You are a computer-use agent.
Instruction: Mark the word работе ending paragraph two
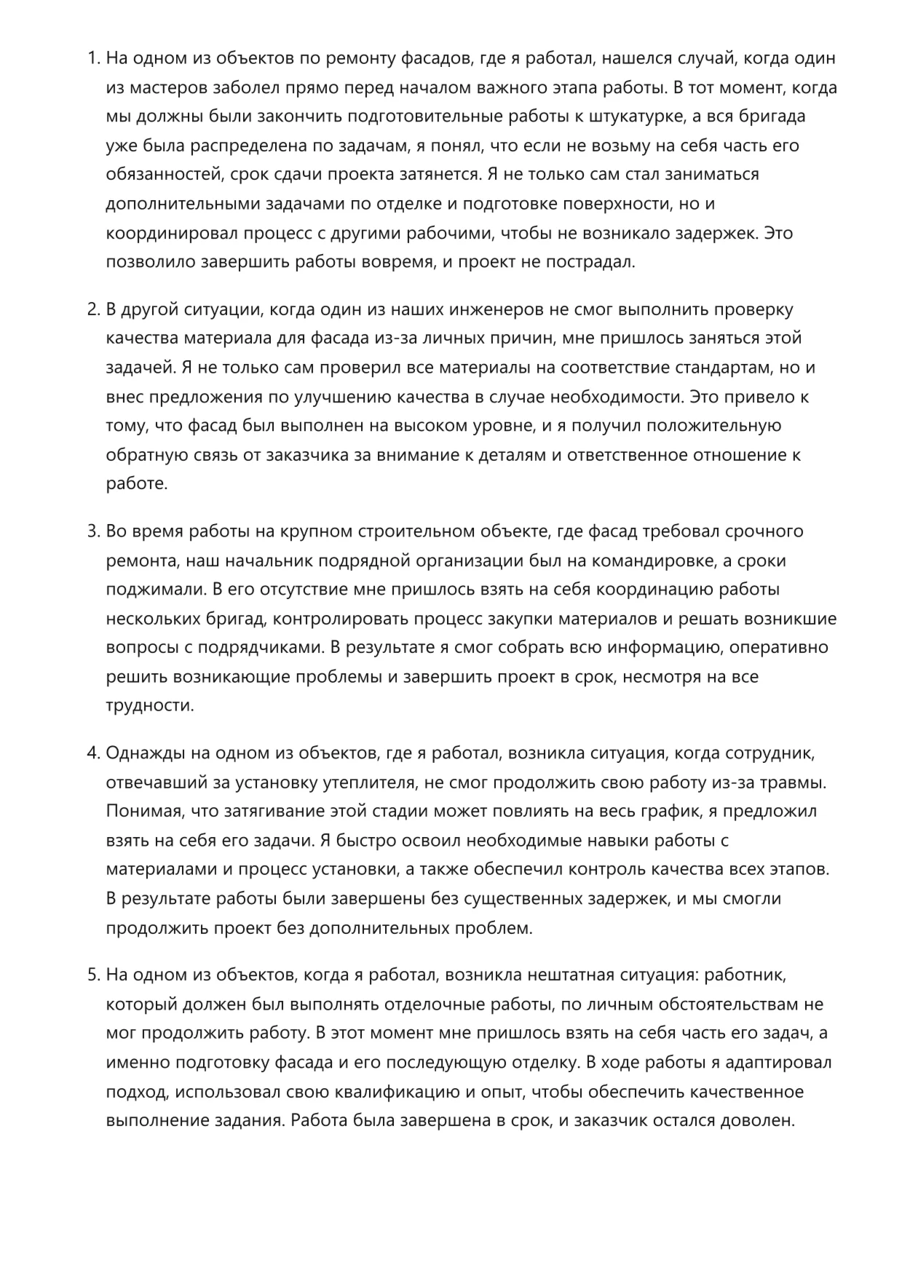point(136,484)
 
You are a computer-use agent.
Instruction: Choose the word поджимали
point(151,590)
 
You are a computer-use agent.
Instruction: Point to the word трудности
point(150,705)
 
